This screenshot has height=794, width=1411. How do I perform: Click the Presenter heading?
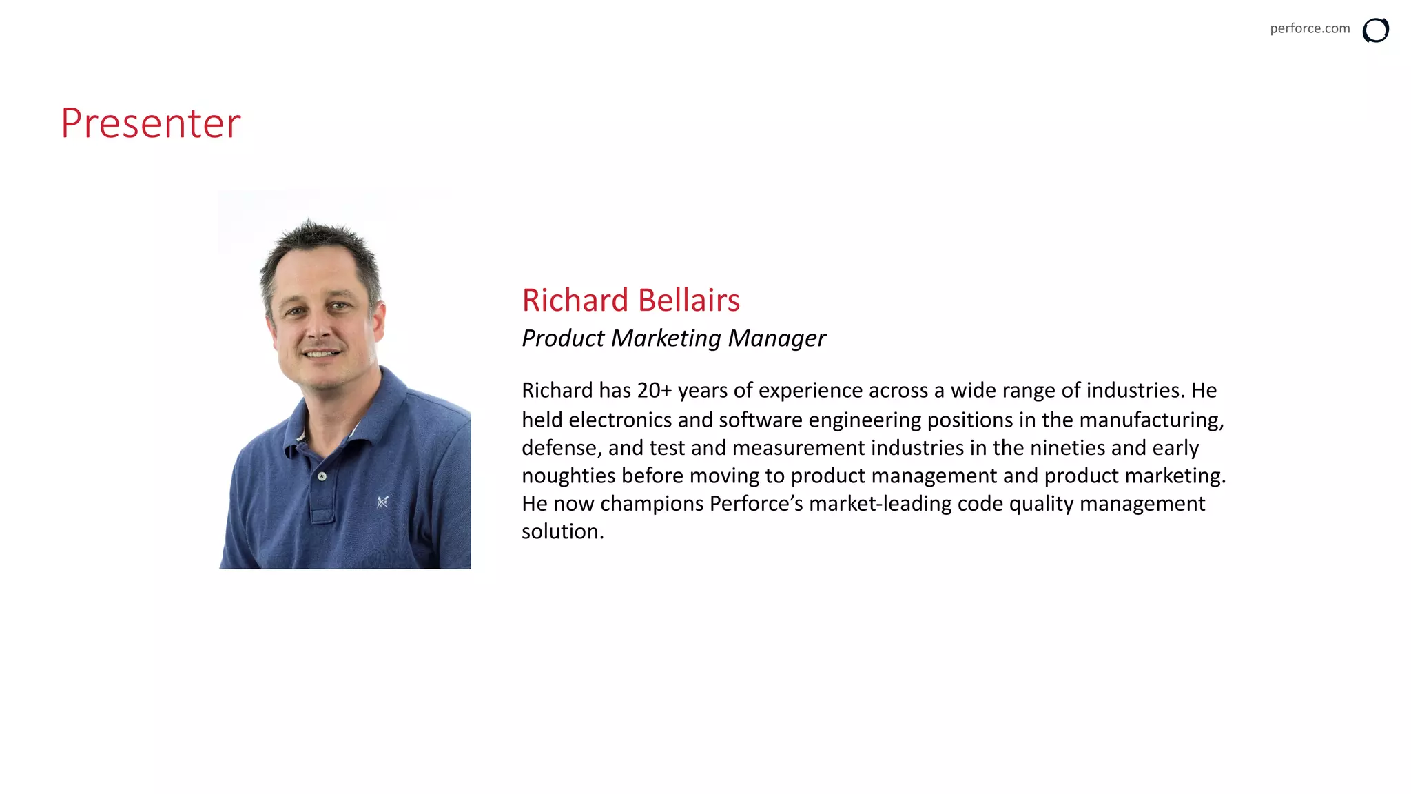pyautogui.click(x=151, y=123)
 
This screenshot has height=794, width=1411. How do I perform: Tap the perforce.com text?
pyautogui.click(x=1309, y=28)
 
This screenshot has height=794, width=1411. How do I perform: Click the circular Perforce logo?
pyautogui.click(x=1375, y=30)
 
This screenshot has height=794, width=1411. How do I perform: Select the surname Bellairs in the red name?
pyautogui.click(x=688, y=301)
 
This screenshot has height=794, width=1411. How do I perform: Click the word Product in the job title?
pyautogui.click(x=562, y=338)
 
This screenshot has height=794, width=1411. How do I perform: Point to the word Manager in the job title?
pyautogui.click(x=776, y=338)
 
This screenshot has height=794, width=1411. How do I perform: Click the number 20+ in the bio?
pyautogui.click(x=654, y=391)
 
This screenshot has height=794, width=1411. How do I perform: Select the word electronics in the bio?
pyautogui.click(x=620, y=420)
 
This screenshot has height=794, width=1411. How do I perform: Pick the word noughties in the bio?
pyautogui.click(x=568, y=476)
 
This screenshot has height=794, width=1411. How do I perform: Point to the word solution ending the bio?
pyautogui.click(x=562, y=532)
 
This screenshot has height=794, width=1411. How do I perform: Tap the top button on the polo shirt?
pyautogui.click(x=322, y=476)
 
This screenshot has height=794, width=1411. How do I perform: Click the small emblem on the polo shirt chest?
pyautogui.click(x=382, y=502)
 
